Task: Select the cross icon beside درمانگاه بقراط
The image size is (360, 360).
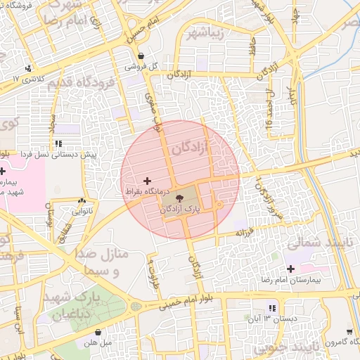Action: [147, 181]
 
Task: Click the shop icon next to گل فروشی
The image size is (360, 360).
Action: [141, 56]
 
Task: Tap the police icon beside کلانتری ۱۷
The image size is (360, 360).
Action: [28, 68]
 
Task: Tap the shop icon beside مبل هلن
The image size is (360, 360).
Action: [98, 332]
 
